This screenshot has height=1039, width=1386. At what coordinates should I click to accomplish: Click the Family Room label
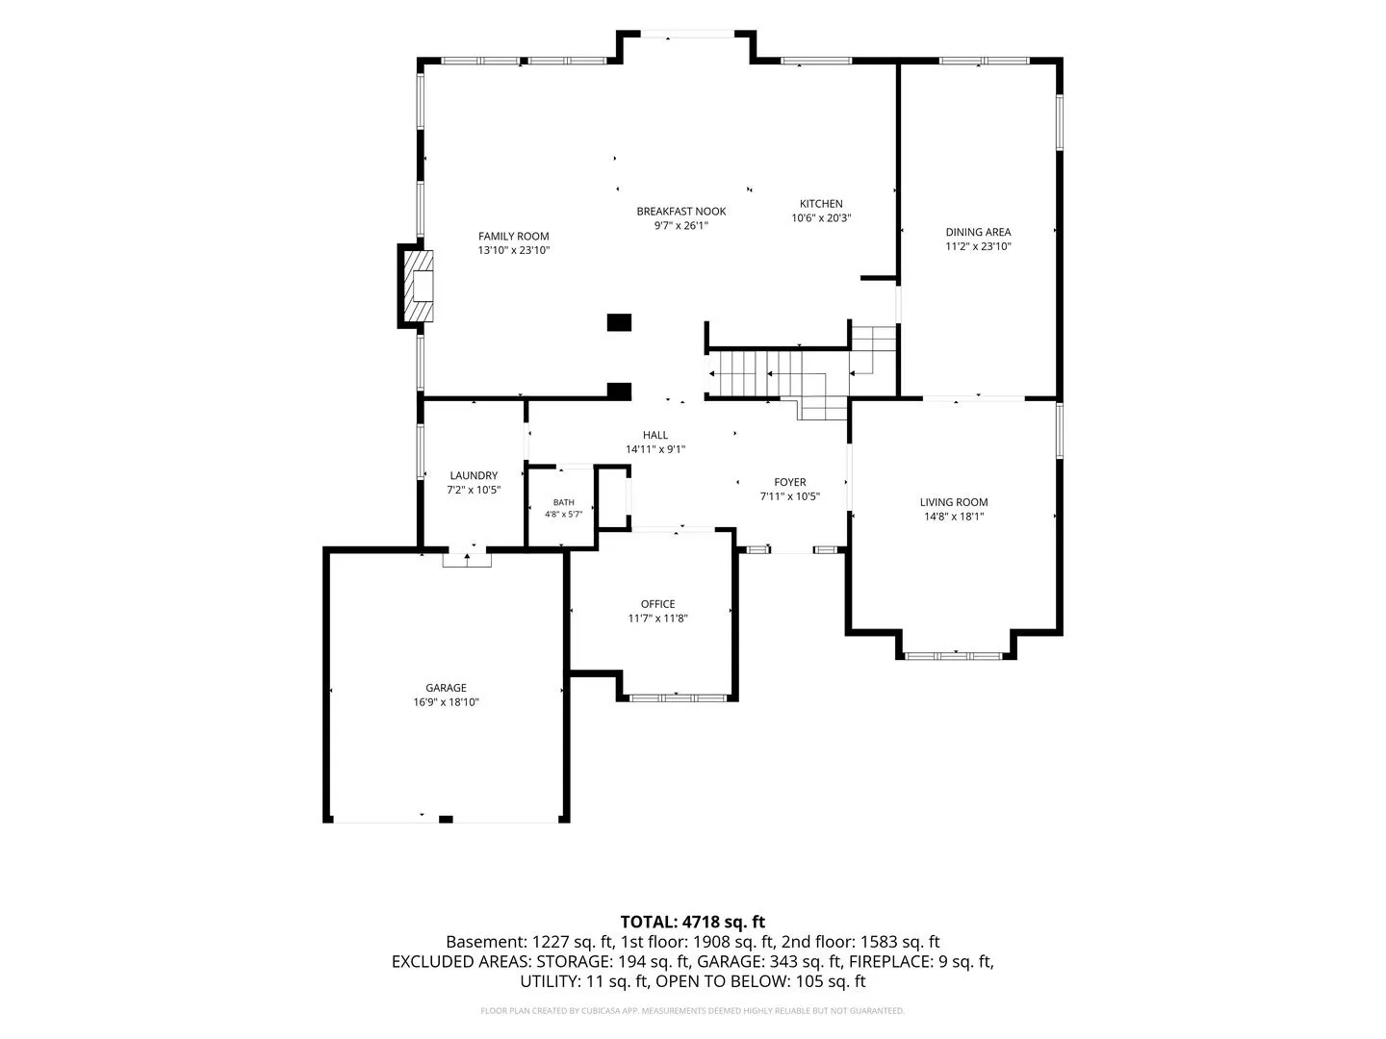click(513, 236)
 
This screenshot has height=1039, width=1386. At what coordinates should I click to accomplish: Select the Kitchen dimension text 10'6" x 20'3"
click(821, 218)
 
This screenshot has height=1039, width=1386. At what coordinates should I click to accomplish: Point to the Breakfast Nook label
click(680, 212)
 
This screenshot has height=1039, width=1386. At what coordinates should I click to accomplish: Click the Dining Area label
click(978, 232)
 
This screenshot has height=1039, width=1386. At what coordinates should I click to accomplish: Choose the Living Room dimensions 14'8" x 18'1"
click(954, 517)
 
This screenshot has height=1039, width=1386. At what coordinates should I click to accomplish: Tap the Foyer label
click(789, 482)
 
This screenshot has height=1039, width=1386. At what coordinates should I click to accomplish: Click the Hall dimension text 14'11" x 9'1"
click(654, 450)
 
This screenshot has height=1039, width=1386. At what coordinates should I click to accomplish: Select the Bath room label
click(563, 503)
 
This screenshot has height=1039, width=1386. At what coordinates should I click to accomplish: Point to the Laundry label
click(474, 475)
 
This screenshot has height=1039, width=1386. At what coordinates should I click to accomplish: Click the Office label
click(657, 604)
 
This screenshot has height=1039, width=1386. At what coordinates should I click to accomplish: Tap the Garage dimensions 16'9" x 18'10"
click(446, 702)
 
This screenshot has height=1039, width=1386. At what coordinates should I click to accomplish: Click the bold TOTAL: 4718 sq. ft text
click(693, 922)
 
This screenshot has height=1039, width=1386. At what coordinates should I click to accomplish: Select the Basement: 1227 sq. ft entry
click(529, 942)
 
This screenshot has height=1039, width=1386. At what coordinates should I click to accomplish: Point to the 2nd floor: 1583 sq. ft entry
click(860, 942)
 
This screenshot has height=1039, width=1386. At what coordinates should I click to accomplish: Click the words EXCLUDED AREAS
click(462, 961)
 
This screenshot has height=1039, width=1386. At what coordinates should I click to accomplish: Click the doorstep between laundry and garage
click(467, 560)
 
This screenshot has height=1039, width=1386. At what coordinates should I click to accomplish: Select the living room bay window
click(953, 656)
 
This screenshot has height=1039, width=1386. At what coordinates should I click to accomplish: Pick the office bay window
click(678, 697)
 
